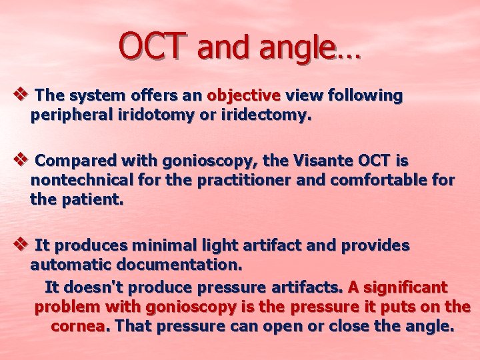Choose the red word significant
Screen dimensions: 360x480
[x=406, y=287]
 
